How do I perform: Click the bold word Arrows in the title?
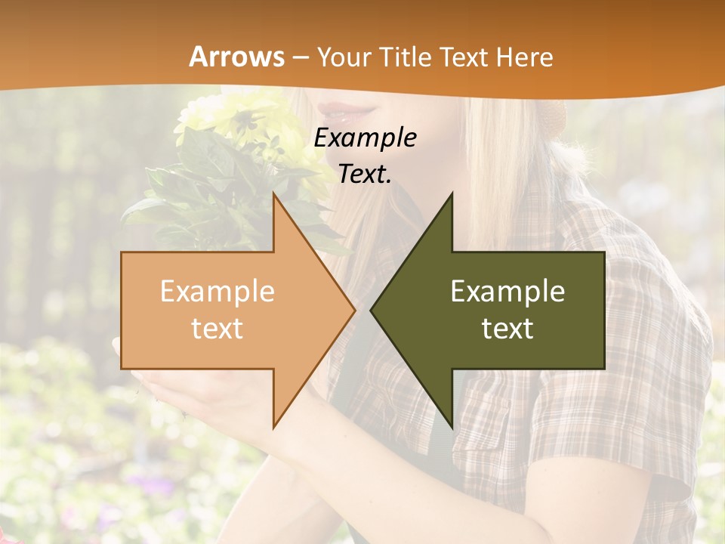pyautogui.click(x=236, y=57)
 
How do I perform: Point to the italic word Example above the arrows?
pyautogui.click(x=365, y=138)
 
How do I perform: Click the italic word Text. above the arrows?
pyautogui.click(x=365, y=174)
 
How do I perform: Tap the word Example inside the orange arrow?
pyautogui.click(x=217, y=291)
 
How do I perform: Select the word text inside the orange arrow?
pyautogui.click(x=217, y=328)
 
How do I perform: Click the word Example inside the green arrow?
pyautogui.click(x=507, y=291)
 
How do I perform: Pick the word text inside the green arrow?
pyautogui.click(x=507, y=328)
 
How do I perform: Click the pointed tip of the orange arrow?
pyautogui.click(x=353, y=310)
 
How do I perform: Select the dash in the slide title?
pyautogui.click(x=300, y=57)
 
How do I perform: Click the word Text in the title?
pyautogui.click(x=464, y=57)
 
